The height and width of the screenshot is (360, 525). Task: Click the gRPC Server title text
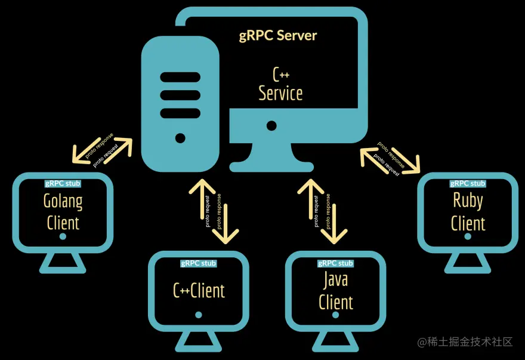coord(278,35)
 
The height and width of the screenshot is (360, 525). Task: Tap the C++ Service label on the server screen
coord(280,85)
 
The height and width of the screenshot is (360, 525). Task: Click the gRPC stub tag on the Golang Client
coord(63,183)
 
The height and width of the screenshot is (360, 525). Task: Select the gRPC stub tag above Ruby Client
coord(468,183)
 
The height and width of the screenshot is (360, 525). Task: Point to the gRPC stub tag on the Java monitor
coord(336,263)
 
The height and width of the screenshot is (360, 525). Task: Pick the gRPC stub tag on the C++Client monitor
coord(199,263)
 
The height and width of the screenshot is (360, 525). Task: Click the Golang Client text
coord(63,211)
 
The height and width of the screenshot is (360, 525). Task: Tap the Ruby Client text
coord(468,212)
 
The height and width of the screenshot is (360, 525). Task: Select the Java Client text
coord(336,291)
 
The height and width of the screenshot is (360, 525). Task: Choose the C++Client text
coord(199,291)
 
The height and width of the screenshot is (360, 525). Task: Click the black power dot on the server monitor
coord(271,126)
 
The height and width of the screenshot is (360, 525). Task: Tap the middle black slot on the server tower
coord(180,95)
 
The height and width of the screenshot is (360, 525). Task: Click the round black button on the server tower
coord(180,139)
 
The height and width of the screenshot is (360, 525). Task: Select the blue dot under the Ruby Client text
coord(468,237)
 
